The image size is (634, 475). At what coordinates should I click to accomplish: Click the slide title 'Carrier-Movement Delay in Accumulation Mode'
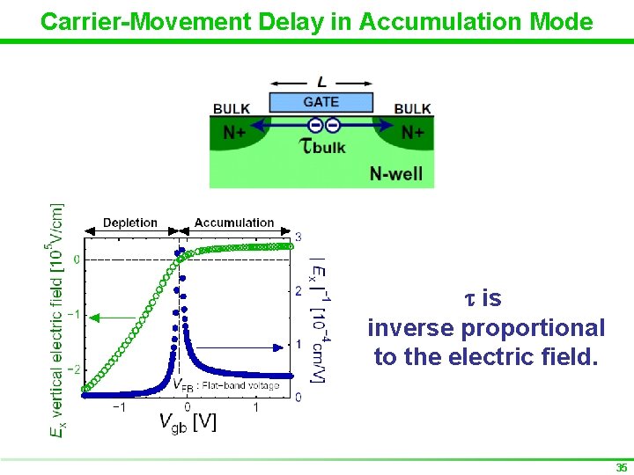point(317,21)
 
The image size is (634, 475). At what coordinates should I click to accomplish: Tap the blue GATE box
point(321,101)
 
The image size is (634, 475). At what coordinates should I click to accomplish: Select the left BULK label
point(232,109)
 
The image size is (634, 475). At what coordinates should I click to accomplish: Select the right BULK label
point(412,109)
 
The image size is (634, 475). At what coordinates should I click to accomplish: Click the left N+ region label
point(234,133)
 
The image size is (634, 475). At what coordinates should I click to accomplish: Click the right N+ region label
point(414,133)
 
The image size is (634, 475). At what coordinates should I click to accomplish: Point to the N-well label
point(396,173)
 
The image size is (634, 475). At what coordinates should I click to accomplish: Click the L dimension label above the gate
point(322,82)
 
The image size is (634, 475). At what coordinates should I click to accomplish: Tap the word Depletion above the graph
point(130,223)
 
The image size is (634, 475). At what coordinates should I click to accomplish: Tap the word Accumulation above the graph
point(234,223)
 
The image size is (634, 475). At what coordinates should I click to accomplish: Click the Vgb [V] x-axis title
point(188,422)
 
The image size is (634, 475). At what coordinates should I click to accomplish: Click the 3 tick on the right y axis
point(299,237)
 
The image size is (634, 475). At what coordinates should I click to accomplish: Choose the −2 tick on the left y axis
point(76,369)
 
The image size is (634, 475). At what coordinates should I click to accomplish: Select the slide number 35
point(622,468)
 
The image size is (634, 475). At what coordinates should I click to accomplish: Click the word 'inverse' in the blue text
point(411,328)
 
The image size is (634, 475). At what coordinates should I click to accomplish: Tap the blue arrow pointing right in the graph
point(264,346)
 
